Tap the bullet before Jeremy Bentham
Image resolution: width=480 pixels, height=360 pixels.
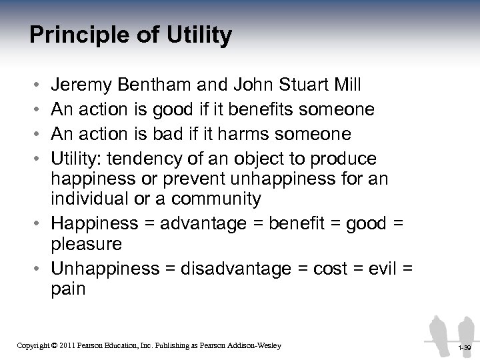35,86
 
